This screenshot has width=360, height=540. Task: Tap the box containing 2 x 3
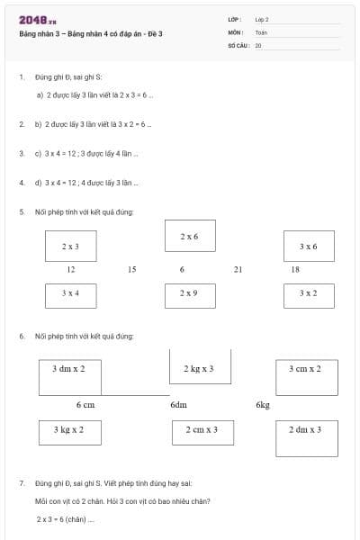[x=70, y=246]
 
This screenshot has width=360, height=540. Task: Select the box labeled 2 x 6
[x=190, y=236]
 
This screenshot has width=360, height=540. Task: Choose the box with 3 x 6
[x=308, y=246]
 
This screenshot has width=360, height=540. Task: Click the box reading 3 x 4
[x=70, y=293]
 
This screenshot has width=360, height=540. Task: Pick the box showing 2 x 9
[x=189, y=293]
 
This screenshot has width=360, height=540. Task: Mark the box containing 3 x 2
[x=308, y=293]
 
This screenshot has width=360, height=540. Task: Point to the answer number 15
[x=131, y=269]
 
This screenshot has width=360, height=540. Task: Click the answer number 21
[x=238, y=269]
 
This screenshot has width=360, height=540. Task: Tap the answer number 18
[x=295, y=269]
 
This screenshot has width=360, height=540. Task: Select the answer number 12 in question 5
[x=71, y=269]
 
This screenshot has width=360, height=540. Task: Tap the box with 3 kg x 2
[x=69, y=431]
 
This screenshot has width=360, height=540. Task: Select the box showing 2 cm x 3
[x=202, y=431]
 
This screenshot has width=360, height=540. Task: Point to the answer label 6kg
[x=263, y=405]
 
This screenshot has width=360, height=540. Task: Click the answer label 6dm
[x=178, y=405]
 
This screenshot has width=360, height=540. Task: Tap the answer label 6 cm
[x=85, y=405]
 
